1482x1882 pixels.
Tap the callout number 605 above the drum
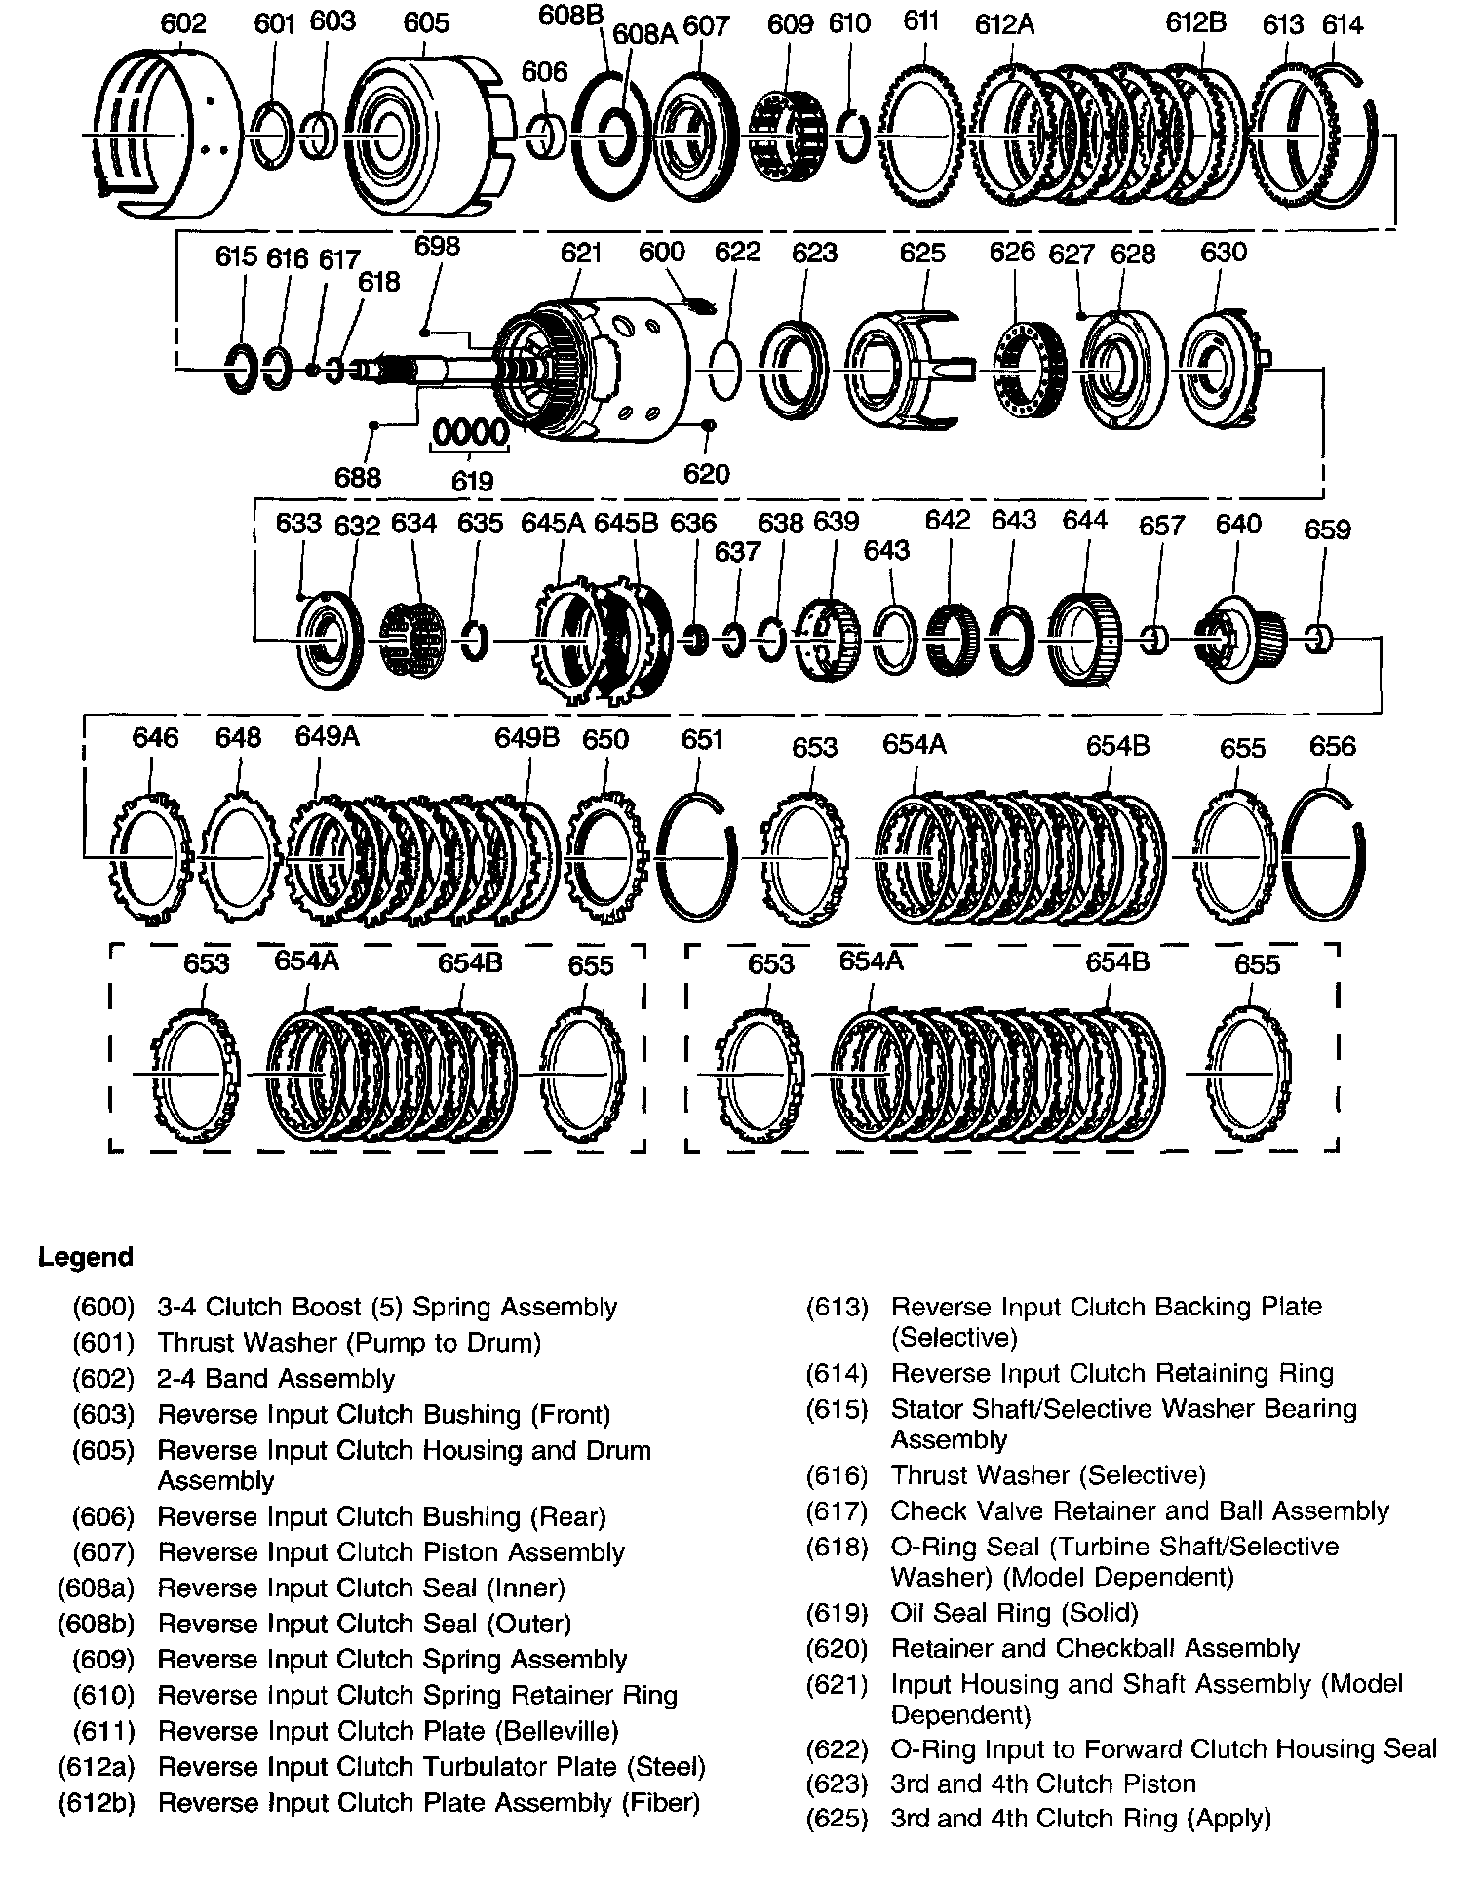[426, 21]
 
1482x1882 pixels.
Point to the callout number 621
[581, 253]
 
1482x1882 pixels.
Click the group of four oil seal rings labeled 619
[471, 432]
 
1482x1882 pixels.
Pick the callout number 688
[358, 478]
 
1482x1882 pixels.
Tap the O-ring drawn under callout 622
[723, 370]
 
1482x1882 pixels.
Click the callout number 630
[1223, 252]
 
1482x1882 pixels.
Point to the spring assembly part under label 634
[411, 639]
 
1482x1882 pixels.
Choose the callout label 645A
[553, 523]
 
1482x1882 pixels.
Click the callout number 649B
[526, 738]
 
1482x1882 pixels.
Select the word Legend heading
[86, 1257]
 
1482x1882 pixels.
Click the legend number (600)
[103, 1307]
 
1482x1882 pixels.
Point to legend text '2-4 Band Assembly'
[276, 1379]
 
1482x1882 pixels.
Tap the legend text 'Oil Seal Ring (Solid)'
[1014, 1613]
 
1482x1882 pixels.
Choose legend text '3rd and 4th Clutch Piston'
[1042, 1784]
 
